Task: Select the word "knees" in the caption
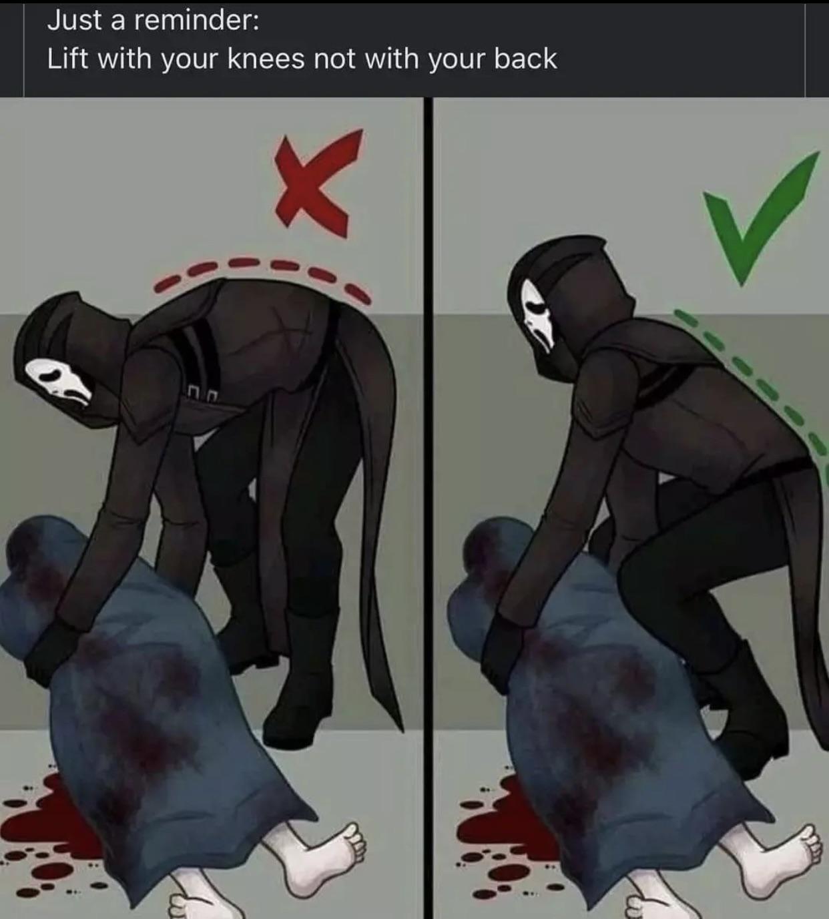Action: coord(266,59)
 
